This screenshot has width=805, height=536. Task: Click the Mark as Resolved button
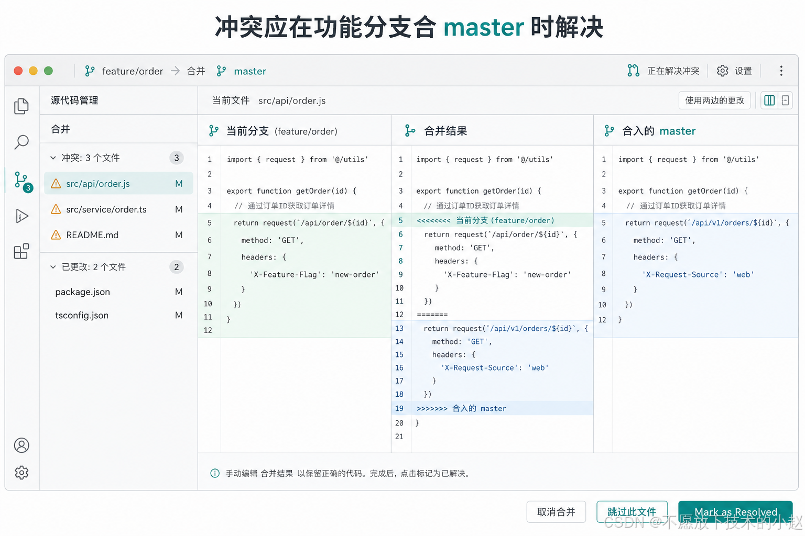(x=735, y=511)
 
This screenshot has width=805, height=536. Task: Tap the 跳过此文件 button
(x=632, y=511)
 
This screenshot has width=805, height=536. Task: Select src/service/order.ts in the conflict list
(x=106, y=209)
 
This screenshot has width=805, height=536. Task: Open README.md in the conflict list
(x=92, y=235)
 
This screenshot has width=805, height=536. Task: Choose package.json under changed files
(x=83, y=292)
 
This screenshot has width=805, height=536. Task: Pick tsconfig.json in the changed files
(x=82, y=315)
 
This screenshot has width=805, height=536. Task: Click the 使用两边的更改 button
(x=714, y=100)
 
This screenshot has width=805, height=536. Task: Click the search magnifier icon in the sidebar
(x=21, y=142)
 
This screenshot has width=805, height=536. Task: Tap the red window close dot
(x=18, y=71)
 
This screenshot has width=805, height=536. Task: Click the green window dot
(x=49, y=71)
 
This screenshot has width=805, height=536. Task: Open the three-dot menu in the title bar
(x=781, y=71)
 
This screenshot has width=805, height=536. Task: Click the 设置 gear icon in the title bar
(x=722, y=71)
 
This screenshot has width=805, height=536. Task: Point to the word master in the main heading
(x=484, y=27)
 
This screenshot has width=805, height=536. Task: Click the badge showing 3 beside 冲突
(x=177, y=158)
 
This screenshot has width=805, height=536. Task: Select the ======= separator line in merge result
(x=432, y=315)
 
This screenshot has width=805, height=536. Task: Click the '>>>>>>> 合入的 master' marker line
(x=461, y=408)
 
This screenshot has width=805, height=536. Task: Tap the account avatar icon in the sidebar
(x=21, y=445)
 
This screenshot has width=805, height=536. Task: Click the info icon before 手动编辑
(x=215, y=473)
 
